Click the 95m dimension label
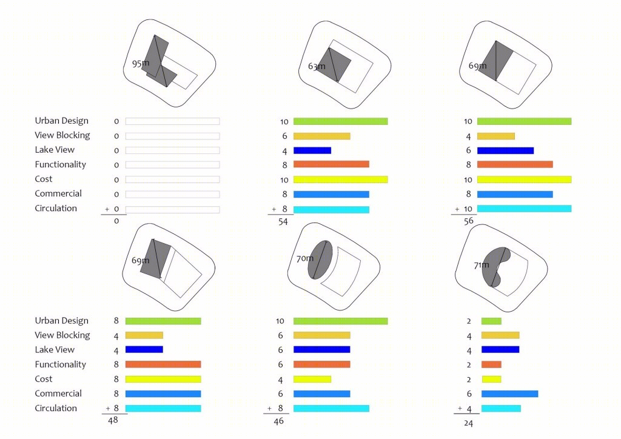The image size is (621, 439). [x=141, y=63]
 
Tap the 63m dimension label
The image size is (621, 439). [x=317, y=66]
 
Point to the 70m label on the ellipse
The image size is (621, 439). [x=304, y=258]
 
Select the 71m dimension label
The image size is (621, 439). [x=481, y=265]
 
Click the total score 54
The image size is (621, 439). [x=283, y=222]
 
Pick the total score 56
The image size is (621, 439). [x=469, y=221]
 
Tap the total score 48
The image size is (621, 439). [x=113, y=420]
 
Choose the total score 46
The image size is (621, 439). [x=278, y=421]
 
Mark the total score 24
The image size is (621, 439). [x=469, y=423]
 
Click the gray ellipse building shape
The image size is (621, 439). [x=320, y=260]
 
